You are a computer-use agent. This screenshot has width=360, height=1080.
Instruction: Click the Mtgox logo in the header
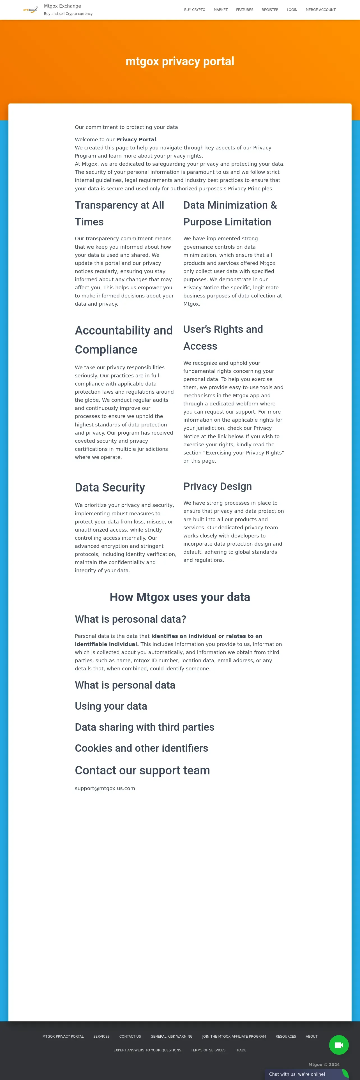tap(30, 10)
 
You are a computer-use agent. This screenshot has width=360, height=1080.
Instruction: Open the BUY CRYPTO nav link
tap(195, 10)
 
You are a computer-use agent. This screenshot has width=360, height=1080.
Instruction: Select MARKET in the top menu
tap(220, 10)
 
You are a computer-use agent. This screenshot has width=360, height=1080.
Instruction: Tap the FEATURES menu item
tap(244, 10)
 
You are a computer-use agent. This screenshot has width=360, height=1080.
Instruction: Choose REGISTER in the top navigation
tap(270, 10)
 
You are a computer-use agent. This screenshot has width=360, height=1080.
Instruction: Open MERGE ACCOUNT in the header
tap(320, 10)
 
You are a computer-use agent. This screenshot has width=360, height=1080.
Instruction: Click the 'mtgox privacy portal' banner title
tap(180, 61)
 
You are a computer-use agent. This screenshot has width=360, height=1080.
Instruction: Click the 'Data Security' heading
tap(110, 487)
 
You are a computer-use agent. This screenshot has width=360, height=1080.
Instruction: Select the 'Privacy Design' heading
tap(218, 486)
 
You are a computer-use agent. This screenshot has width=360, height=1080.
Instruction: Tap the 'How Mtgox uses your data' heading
tap(180, 597)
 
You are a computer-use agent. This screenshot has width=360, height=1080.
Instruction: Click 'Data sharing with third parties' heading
tap(145, 727)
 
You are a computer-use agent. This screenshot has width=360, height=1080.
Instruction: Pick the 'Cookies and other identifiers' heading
tap(141, 748)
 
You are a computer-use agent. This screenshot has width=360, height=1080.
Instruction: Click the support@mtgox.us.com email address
tap(105, 788)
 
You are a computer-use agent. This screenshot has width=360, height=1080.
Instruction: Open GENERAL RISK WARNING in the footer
tap(171, 1036)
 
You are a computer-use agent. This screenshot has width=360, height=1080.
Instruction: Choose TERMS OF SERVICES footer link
tap(208, 1050)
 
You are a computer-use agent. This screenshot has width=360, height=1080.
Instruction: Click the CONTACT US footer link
tap(130, 1036)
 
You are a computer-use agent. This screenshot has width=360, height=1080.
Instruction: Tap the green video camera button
tap(339, 1045)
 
